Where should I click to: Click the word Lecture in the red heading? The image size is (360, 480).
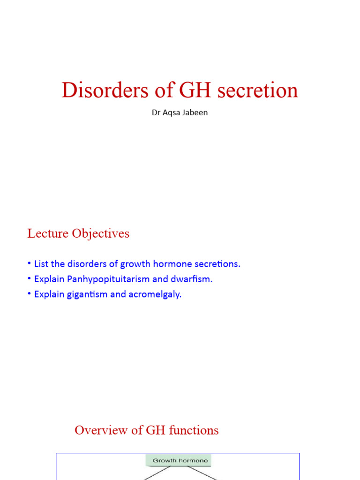point(48,233)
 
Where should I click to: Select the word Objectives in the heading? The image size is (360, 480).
point(101,233)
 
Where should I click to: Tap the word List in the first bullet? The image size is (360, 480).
point(41,264)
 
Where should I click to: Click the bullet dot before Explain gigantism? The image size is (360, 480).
point(30,294)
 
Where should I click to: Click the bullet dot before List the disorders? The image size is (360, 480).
point(30,263)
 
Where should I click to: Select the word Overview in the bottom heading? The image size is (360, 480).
point(97,430)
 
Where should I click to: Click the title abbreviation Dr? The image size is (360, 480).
point(156,113)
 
